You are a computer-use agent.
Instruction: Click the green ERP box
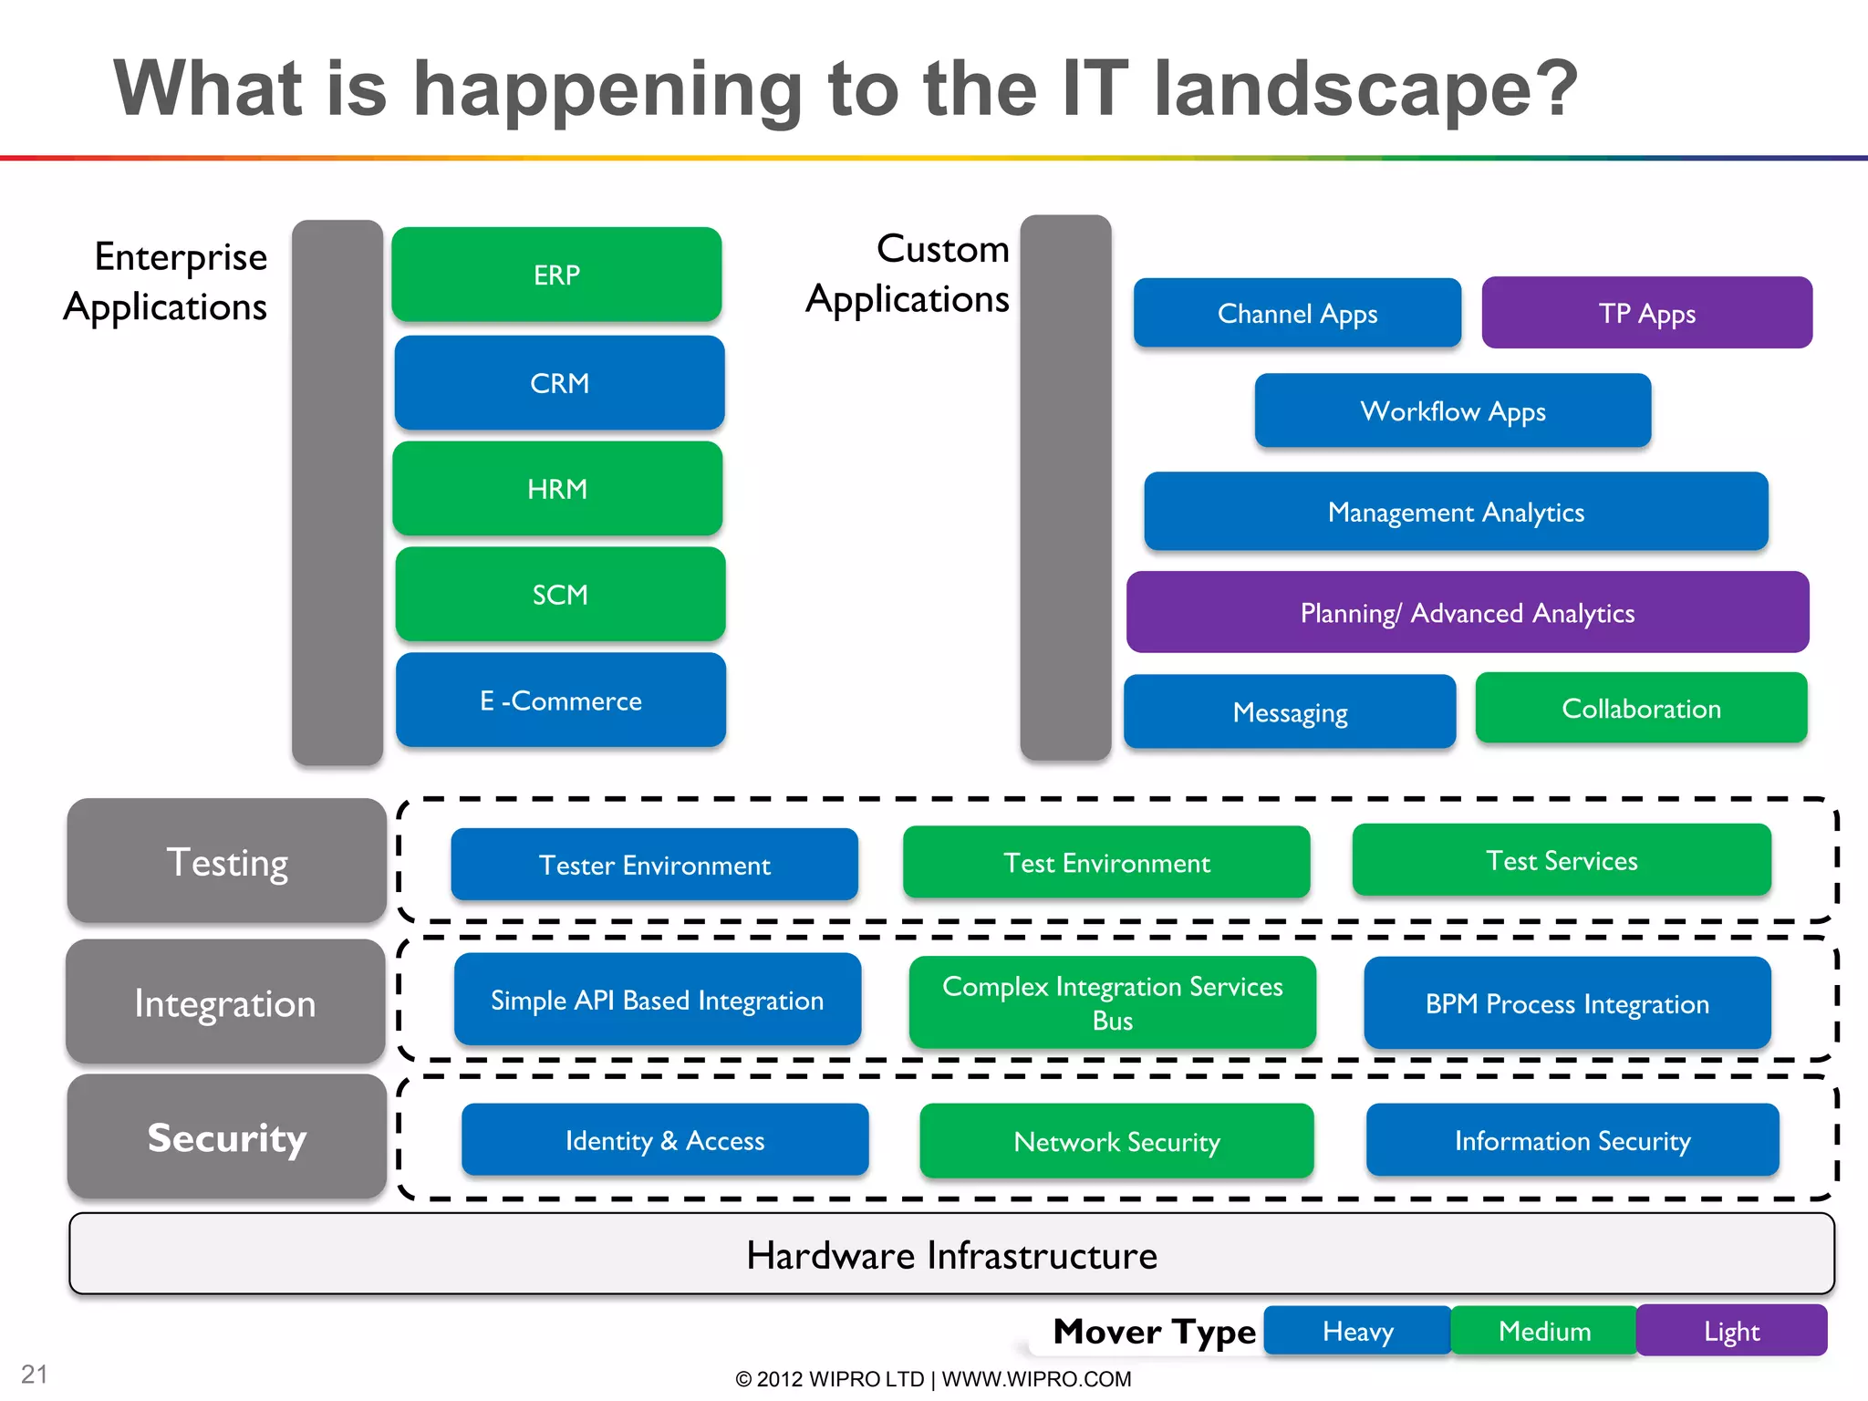(556, 275)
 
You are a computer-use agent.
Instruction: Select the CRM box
(559, 383)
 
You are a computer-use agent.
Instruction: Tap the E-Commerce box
(560, 700)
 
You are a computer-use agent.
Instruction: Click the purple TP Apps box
(1646, 313)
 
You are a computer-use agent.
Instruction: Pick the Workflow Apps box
(1452, 410)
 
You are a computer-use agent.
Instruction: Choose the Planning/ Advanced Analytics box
(1467, 612)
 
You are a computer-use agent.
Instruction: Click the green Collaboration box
(1641, 709)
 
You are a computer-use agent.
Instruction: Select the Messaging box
(1289, 711)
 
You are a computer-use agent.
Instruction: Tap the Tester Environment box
(654, 865)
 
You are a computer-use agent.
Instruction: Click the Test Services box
(1562, 860)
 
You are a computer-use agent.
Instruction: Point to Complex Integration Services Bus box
(1112, 1002)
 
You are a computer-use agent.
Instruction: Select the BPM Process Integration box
(1566, 1003)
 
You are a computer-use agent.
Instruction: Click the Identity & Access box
(664, 1140)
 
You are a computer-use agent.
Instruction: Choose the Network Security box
(1116, 1141)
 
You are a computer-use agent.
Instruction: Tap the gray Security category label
(226, 1136)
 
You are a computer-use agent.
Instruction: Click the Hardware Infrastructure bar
(951, 1254)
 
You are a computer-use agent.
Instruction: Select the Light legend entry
(1730, 1331)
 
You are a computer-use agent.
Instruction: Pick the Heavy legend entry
(1357, 1331)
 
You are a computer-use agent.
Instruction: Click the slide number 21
(35, 1374)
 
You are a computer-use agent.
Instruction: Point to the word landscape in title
(1365, 88)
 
